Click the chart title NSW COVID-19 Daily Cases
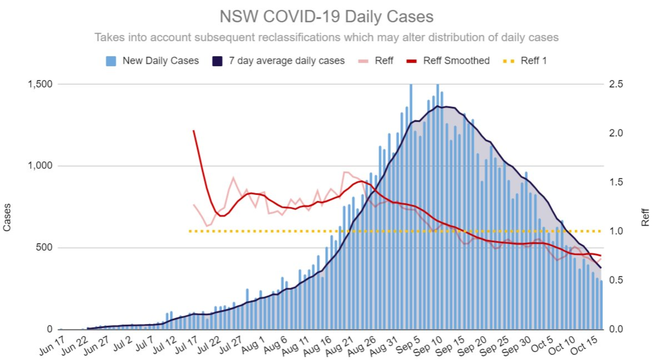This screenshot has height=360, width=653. (x=326, y=17)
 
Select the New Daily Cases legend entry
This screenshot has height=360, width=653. (x=152, y=61)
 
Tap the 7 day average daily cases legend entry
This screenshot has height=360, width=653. (x=278, y=61)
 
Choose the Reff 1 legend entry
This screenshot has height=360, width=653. (x=525, y=61)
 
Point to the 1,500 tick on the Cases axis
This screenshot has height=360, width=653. (x=40, y=84)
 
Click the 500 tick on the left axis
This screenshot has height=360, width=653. (x=44, y=247)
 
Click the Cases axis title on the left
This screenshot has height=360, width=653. (x=7, y=217)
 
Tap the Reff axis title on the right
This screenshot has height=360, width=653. (x=645, y=217)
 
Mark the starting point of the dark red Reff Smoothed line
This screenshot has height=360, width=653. (x=193, y=130)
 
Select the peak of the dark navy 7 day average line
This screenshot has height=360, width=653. (x=437, y=106)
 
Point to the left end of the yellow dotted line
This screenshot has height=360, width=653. (x=190, y=231)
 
